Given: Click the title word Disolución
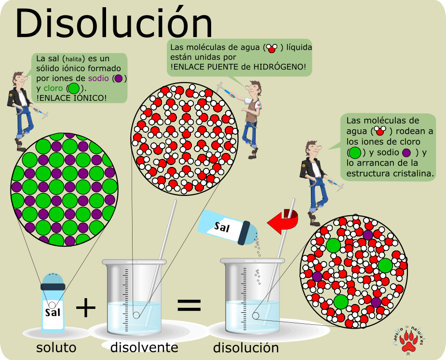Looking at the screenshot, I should click(114, 23).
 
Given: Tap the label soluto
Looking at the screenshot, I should click(56, 347).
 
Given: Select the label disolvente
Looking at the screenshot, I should click(144, 347).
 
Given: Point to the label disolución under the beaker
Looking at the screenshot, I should click(246, 347).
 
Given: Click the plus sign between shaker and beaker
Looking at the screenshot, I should click(86, 307).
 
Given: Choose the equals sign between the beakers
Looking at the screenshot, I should click(189, 305).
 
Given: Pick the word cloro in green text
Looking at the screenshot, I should click(53, 88).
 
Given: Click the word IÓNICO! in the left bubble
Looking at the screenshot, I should click(92, 98).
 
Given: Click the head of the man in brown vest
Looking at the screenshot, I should click(254, 87).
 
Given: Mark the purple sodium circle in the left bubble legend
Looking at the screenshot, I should click(119, 78).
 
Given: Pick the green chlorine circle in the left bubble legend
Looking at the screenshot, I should click(73, 89).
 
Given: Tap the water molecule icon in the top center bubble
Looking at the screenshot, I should click(271, 48).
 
